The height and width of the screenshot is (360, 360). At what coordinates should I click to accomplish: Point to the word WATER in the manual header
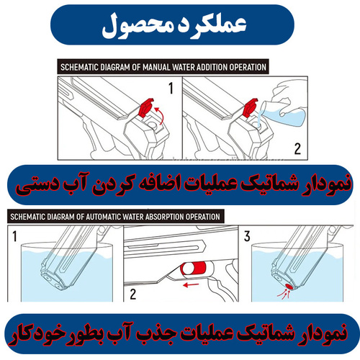coord(177,67)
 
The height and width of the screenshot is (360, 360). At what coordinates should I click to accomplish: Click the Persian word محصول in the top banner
coord(136,26)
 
